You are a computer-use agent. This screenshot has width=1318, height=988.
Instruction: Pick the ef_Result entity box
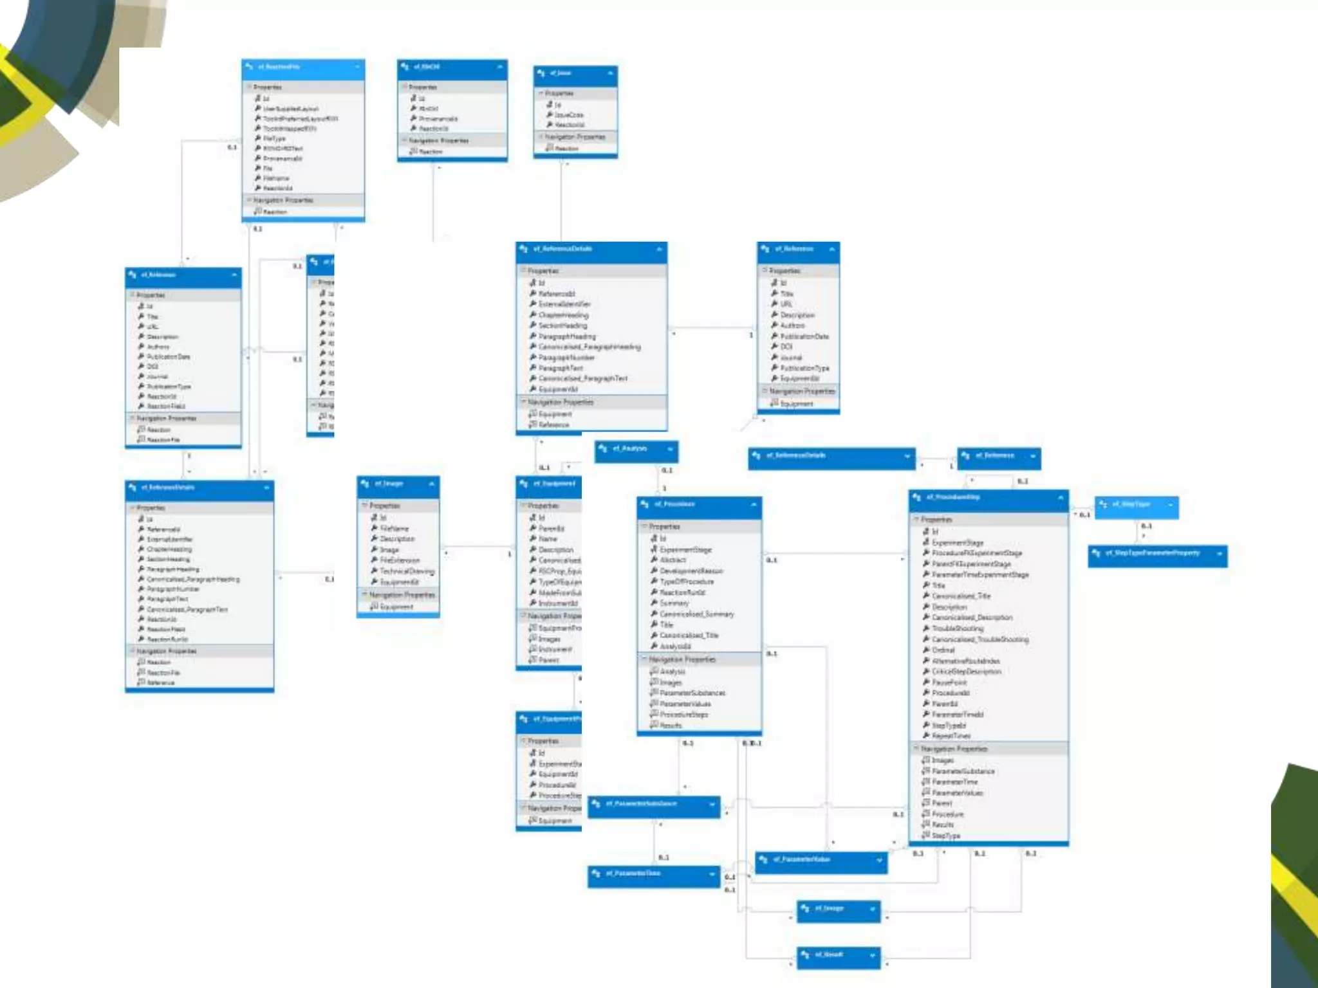click(x=830, y=955)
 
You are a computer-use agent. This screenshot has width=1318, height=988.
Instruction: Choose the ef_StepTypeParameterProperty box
click(x=1152, y=553)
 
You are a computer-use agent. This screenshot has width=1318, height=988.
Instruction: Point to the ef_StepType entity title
click(x=1132, y=504)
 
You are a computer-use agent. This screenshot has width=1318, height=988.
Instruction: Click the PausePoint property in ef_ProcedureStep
click(x=949, y=682)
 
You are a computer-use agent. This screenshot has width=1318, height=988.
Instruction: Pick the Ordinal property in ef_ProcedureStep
click(x=943, y=650)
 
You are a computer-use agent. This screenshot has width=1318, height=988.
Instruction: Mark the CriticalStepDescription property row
click(x=966, y=672)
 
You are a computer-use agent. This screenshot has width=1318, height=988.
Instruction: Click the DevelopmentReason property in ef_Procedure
click(x=691, y=571)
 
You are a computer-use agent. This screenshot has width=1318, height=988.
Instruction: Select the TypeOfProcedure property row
click(x=687, y=581)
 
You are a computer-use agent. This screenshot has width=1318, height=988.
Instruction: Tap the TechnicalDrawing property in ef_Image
click(x=407, y=571)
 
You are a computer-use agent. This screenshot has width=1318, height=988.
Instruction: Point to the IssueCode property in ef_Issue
click(x=569, y=115)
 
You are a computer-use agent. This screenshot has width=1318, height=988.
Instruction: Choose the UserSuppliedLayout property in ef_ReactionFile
click(x=290, y=109)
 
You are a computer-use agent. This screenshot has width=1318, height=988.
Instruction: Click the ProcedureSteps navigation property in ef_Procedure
click(x=683, y=715)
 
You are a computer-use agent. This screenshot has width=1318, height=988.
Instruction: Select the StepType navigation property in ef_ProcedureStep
click(x=945, y=836)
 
